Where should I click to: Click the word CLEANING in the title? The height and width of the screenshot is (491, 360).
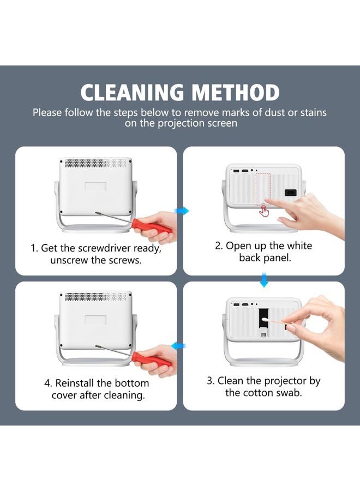pyautogui.click(x=132, y=93)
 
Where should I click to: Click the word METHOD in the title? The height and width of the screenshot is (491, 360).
pyautogui.click(x=236, y=93)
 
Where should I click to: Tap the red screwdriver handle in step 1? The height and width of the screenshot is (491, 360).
pyautogui.click(x=152, y=226)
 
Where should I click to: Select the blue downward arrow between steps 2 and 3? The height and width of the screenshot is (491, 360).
pyautogui.click(x=264, y=280)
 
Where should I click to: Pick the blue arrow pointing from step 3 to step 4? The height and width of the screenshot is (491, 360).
pyautogui.click(x=178, y=346)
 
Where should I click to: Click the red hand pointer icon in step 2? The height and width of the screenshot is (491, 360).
pyautogui.click(x=264, y=211)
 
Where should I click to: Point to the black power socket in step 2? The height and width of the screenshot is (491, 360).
pyautogui.click(x=291, y=193)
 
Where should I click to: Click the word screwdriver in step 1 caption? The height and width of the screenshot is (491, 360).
pyautogui.click(x=104, y=248)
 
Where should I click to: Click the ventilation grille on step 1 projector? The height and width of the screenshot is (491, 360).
pyautogui.click(x=96, y=163)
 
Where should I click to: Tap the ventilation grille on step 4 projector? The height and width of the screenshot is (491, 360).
pyautogui.click(x=96, y=296)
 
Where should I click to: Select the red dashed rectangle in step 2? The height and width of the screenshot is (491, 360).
pyautogui.click(x=263, y=189)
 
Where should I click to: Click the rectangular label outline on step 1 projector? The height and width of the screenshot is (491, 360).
pyautogui.click(x=95, y=185)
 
